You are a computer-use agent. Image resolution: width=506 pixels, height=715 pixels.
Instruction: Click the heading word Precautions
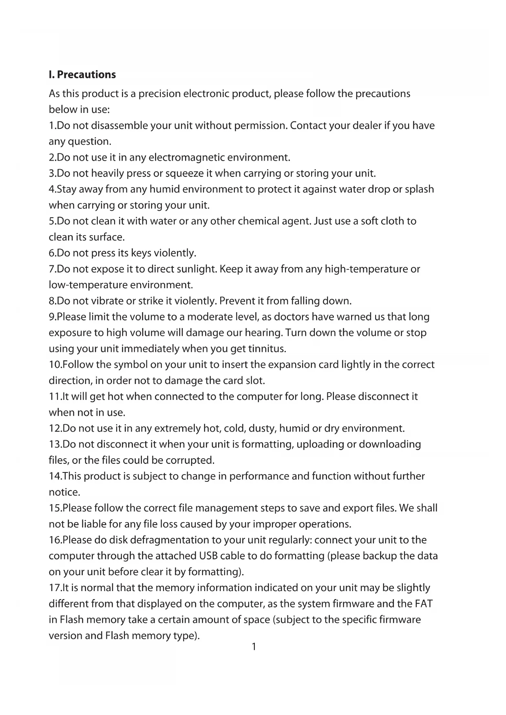pyautogui.click(x=86, y=75)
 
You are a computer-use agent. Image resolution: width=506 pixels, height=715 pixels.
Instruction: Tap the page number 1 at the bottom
pyautogui.click(x=254, y=647)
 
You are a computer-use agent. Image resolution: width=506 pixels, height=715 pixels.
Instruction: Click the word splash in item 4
pyautogui.click(x=419, y=189)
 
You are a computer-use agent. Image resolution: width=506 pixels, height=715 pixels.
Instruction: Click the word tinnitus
pyautogui.click(x=267, y=349)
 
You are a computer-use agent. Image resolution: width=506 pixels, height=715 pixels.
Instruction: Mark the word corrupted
pyautogui.click(x=190, y=460)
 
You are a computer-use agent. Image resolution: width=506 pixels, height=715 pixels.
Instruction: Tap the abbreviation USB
pyautogui.click(x=208, y=556)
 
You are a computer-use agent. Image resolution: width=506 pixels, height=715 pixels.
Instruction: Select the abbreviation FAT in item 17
pyautogui.click(x=424, y=604)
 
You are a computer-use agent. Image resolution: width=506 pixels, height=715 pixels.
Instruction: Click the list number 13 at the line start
pyautogui.click(x=55, y=444)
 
